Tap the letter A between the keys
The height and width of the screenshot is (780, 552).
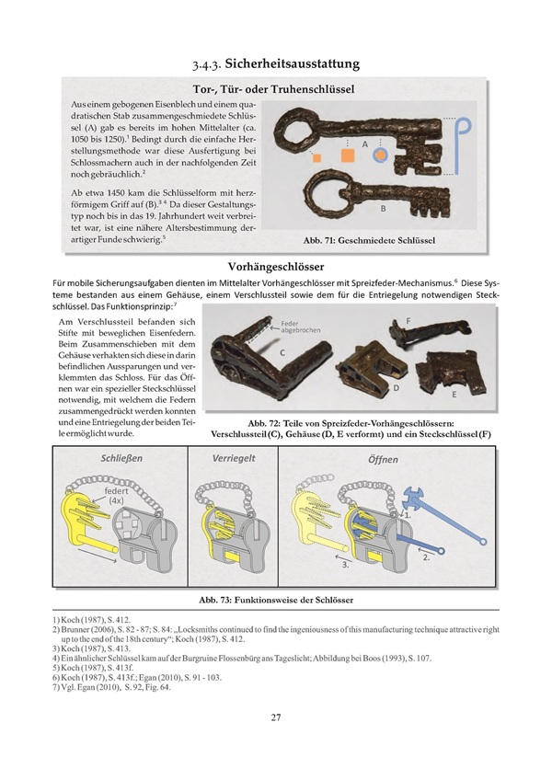[365, 145]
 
